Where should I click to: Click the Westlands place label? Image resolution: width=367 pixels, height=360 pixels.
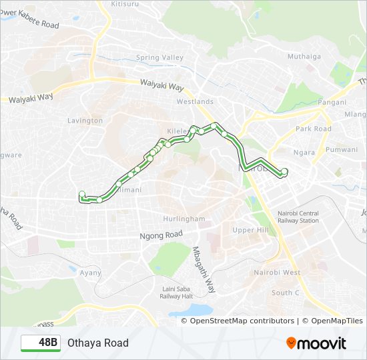click(x=195, y=102)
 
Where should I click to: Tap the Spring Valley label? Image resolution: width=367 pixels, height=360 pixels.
click(x=159, y=58)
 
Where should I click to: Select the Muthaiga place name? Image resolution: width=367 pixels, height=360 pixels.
click(x=304, y=57)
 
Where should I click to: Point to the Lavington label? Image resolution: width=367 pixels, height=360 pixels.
click(x=85, y=121)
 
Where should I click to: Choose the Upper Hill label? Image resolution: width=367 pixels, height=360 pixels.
click(x=250, y=230)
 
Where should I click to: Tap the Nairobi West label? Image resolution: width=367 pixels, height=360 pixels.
click(x=278, y=273)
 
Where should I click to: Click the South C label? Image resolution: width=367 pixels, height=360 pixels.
click(x=286, y=293)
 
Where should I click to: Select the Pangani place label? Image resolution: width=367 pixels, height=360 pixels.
click(x=332, y=102)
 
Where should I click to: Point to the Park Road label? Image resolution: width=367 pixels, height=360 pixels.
click(x=314, y=129)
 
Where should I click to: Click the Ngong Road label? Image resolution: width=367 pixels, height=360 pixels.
click(x=161, y=235)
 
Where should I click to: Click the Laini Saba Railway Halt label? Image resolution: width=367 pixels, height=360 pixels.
click(x=177, y=293)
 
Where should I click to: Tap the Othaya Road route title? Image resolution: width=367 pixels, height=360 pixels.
click(x=97, y=343)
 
